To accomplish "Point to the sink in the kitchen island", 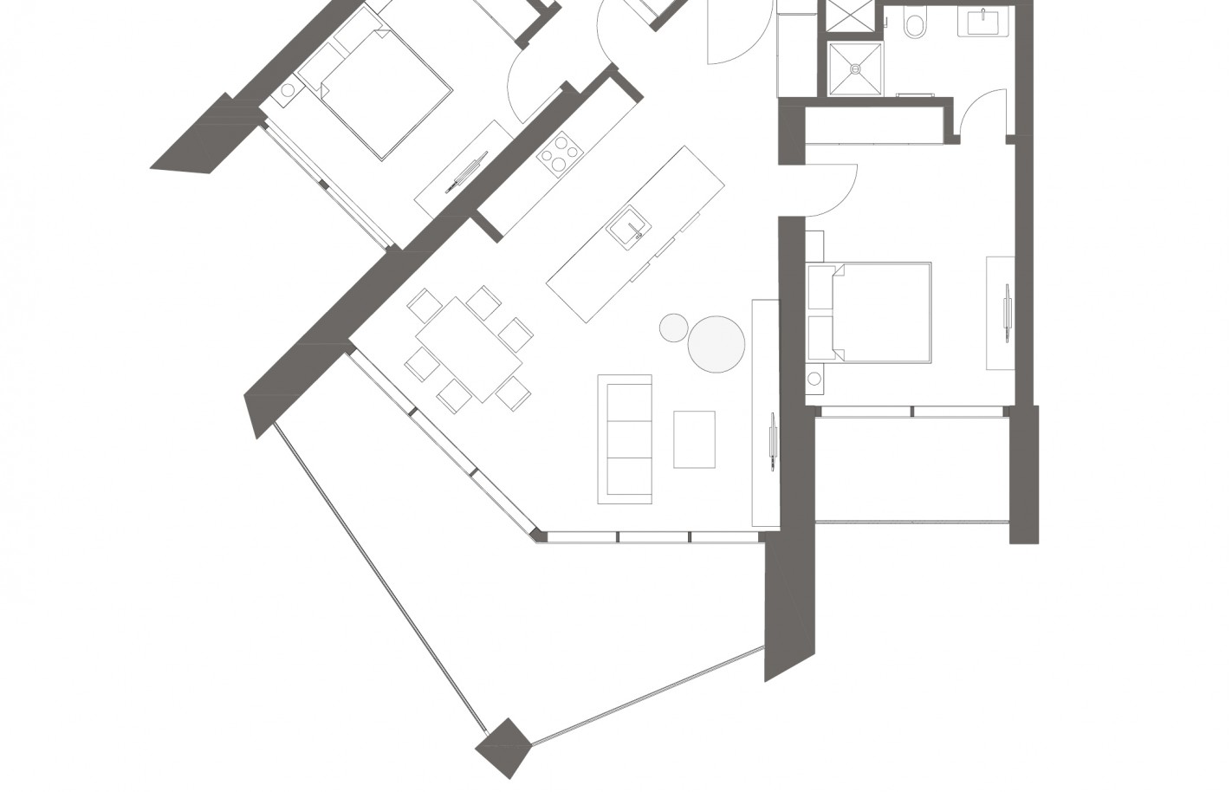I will point(627,227).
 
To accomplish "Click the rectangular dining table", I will point(470,349).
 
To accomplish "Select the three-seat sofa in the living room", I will point(625,439).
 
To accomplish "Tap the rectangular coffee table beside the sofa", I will point(694,439).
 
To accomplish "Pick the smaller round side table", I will point(673,328).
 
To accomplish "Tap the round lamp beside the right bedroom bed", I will point(814,379).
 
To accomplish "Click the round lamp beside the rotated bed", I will point(289,89).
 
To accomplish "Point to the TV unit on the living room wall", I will point(766,412).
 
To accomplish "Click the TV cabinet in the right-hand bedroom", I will point(1001,314).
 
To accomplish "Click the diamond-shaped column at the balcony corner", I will point(503,746).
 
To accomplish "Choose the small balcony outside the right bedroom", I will point(911,468).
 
